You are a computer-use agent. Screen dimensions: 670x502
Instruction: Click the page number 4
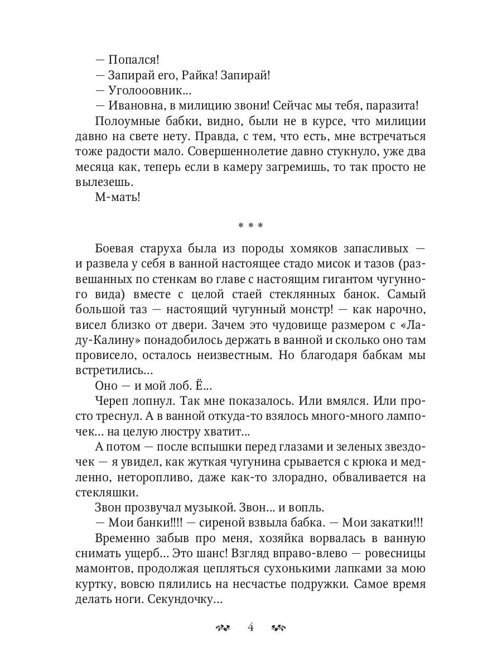pos(250,627)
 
